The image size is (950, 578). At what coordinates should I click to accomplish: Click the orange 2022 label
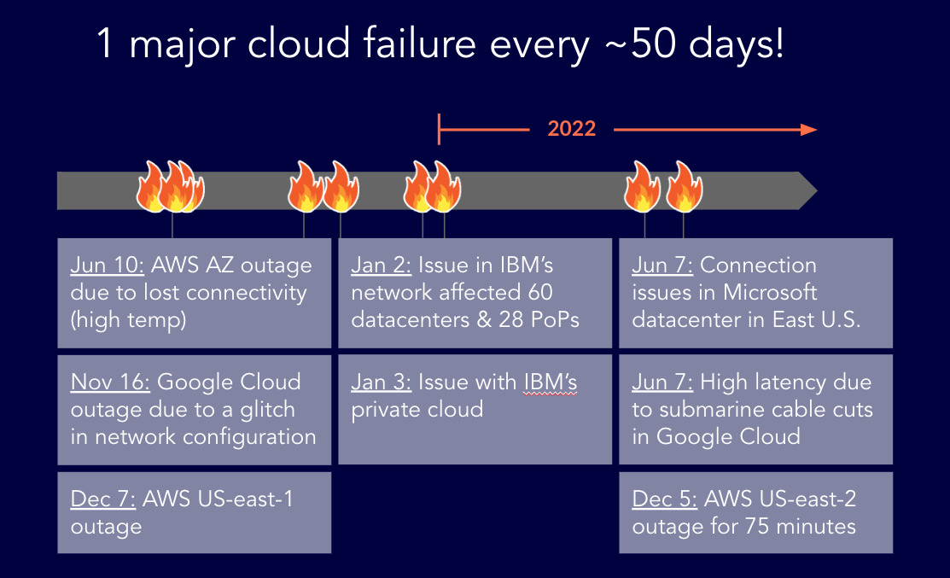pos(571,130)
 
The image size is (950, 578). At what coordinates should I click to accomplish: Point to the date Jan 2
pos(379,266)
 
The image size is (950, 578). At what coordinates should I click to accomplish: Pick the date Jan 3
pos(379,382)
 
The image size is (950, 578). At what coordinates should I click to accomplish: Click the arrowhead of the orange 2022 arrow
pos(808,130)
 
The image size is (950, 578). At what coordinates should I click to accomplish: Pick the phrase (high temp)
pos(128,320)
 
